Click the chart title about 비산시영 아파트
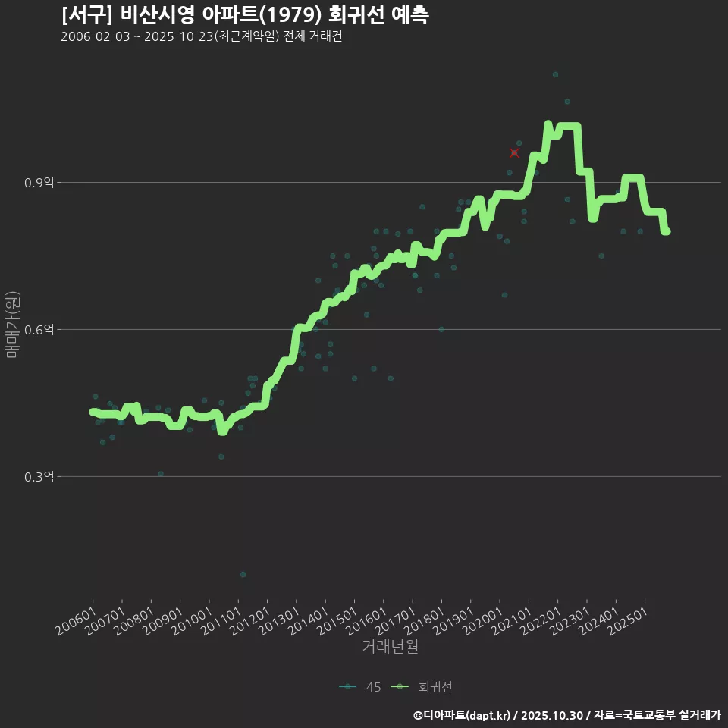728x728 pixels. (x=244, y=15)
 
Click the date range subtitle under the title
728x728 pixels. (x=201, y=36)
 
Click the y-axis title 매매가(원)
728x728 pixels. (x=13, y=325)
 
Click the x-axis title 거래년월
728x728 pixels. (x=390, y=647)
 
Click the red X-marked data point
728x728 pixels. (x=514, y=153)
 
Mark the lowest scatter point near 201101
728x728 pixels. (x=243, y=574)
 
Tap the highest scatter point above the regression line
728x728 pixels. (x=555, y=74)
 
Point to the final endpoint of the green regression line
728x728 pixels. (x=666, y=231)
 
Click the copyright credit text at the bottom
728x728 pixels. (x=566, y=715)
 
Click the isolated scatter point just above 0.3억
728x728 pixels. (x=160, y=474)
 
